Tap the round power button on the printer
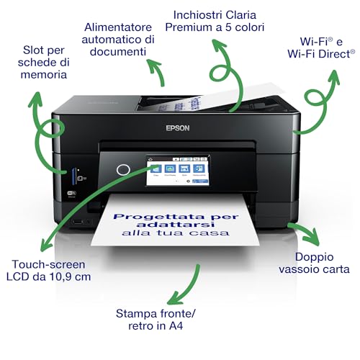tap(123, 170)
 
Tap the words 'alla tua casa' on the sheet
tap(185, 233)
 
